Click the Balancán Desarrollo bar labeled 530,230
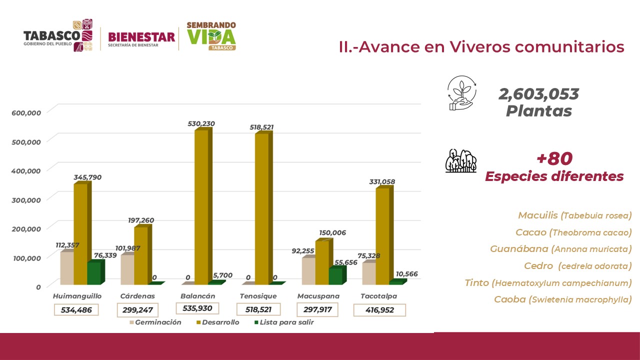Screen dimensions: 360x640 click(201, 207)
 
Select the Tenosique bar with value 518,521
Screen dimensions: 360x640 click(262, 210)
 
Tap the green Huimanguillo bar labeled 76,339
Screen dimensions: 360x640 click(93, 274)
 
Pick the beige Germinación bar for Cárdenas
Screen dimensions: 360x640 click(127, 270)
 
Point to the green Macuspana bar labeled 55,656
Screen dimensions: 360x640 click(335, 276)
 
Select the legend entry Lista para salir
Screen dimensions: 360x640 click(284, 322)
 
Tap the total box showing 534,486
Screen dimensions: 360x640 click(76, 310)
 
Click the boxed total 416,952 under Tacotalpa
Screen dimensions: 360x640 click(379, 310)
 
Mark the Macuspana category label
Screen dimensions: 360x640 click(318, 296)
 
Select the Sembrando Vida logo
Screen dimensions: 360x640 click(211, 36)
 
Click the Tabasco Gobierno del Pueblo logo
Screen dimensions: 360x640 click(59, 36)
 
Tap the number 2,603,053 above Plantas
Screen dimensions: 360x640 click(538, 94)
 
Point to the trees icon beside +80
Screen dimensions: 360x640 click(460, 161)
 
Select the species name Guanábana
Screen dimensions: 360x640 click(518, 248)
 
